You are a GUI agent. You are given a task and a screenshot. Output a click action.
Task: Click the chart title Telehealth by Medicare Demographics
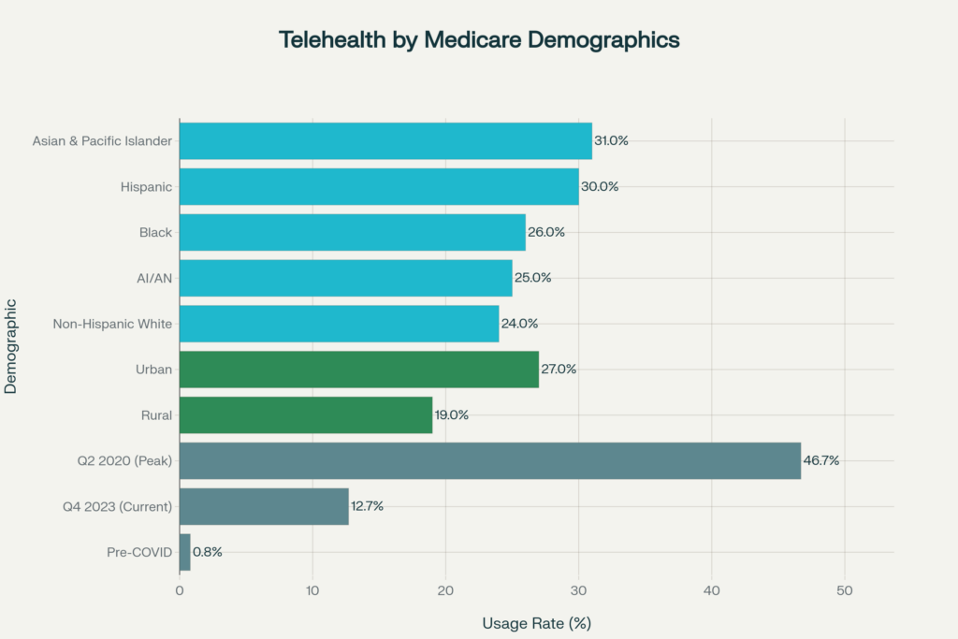coord(479,40)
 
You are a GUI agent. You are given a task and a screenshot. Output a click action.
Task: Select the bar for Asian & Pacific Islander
coord(385,140)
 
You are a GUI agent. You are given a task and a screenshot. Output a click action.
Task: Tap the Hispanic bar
coord(379,186)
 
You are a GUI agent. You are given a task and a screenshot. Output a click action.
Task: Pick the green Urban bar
coord(359,369)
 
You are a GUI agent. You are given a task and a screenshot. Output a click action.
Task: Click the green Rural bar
coord(306,414)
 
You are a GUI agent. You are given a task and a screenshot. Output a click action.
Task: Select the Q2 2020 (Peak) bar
coord(490,460)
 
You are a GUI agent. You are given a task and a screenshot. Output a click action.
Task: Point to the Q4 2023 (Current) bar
coord(264,506)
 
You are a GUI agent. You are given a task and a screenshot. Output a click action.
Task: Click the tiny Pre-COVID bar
coord(185,552)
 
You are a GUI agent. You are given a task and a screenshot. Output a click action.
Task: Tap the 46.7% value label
coord(821,460)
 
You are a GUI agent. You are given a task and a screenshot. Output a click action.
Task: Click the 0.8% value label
coord(208,552)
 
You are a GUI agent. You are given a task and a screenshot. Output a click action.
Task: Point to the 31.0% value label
coord(611,140)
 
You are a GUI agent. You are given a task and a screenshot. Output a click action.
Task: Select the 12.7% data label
coord(367,506)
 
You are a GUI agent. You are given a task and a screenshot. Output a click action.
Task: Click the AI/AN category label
coord(154,278)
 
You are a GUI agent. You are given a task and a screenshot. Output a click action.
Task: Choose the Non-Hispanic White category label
coord(114,324)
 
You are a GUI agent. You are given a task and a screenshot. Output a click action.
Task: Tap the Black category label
coord(155,232)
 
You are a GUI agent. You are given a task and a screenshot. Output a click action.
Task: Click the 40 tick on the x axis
coord(712,590)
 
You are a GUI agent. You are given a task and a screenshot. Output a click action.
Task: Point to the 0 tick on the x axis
coord(180,590)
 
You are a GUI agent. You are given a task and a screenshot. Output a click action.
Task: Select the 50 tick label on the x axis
coord(845,590)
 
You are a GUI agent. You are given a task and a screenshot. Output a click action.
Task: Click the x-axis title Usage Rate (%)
coord(537,623)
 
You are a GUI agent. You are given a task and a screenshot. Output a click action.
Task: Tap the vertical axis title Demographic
coord(11,346)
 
